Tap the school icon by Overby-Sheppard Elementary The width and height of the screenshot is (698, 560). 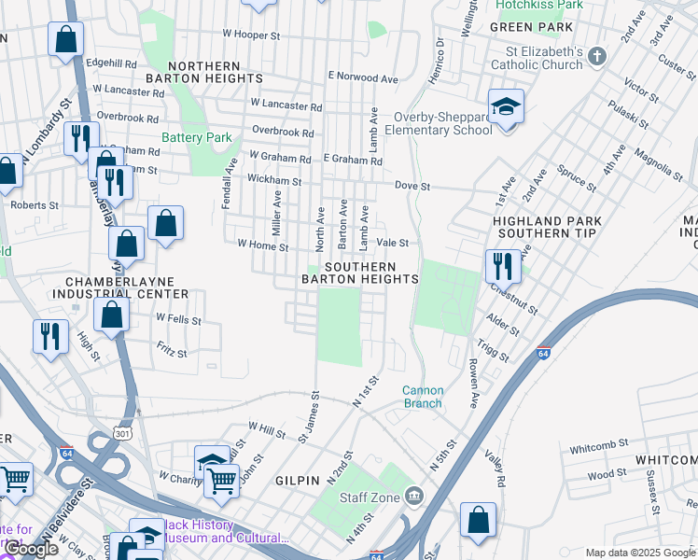pyautogui.click(x=505, y=106)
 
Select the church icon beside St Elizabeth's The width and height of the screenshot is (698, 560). pyautogui.click(x=598, y=58)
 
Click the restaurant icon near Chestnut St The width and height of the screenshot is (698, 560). pyautogui.click(x=502, y=265)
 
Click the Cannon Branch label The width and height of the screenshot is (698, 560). pyautogui.click(x=423, y=397)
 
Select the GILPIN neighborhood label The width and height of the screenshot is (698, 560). pyautogui.click(x=298, y=479)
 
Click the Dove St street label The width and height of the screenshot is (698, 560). pyautogui.click(x=412, y=187)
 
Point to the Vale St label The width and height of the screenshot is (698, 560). pyautogui.click(x=392, y=243)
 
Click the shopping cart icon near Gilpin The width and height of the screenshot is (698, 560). pyautogui.click(x=221, y=481)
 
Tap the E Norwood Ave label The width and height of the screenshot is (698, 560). pyautogui.click(x=356, y=75)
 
